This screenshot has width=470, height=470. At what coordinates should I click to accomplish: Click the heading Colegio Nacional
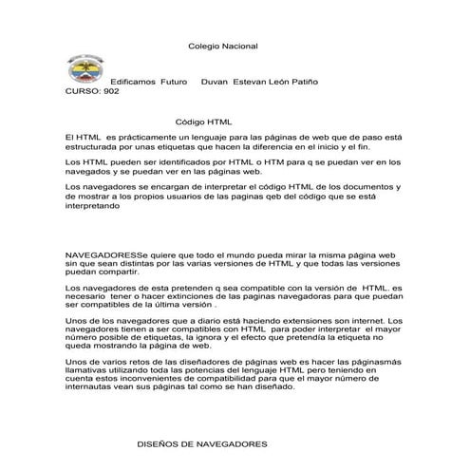(x=223, y=46)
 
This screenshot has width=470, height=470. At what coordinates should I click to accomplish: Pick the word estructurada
(x=93, y=148)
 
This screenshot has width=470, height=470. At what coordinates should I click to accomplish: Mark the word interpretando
(x=93, y=214)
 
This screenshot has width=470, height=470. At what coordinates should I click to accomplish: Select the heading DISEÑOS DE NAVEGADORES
(x=202, y=443)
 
